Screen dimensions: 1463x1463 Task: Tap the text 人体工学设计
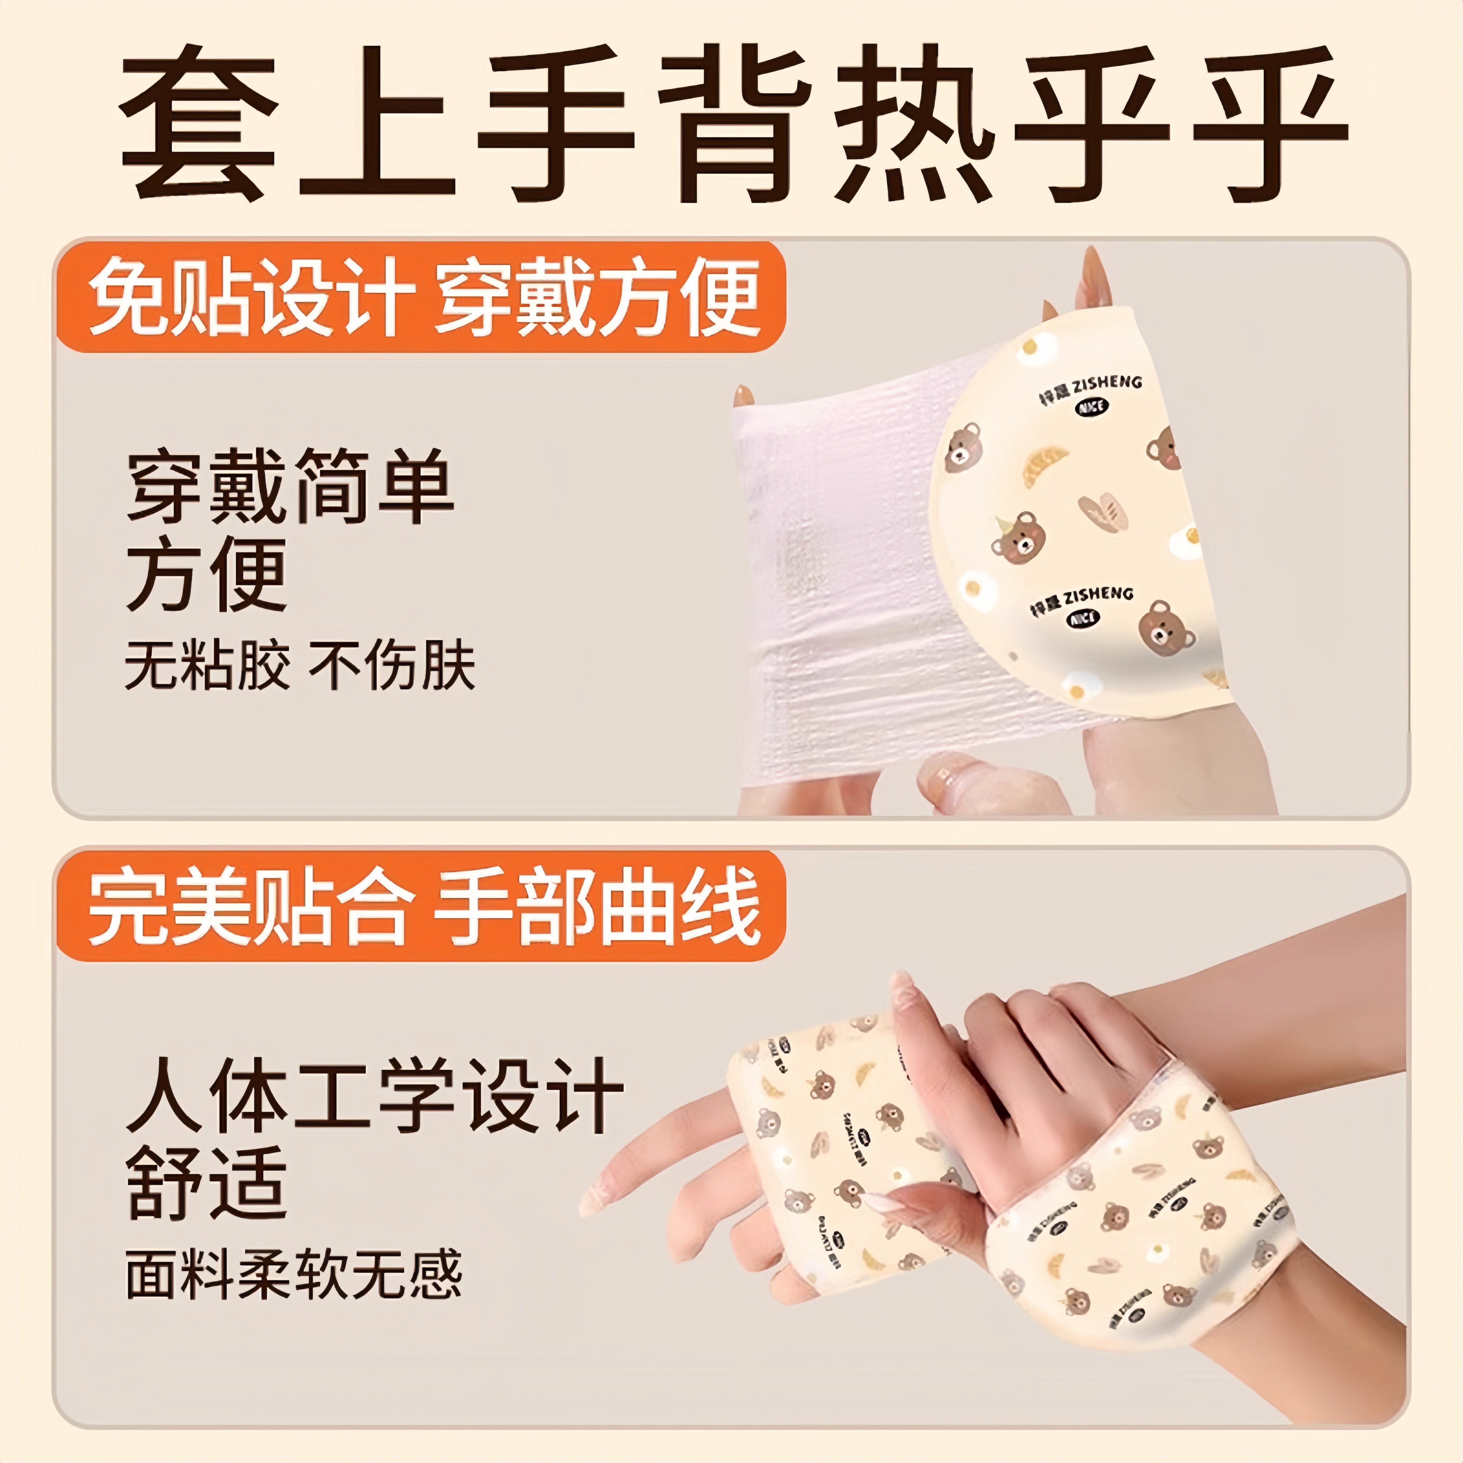tap(375, 1096)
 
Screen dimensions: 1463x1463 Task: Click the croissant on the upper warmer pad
tap(1045, 466)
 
